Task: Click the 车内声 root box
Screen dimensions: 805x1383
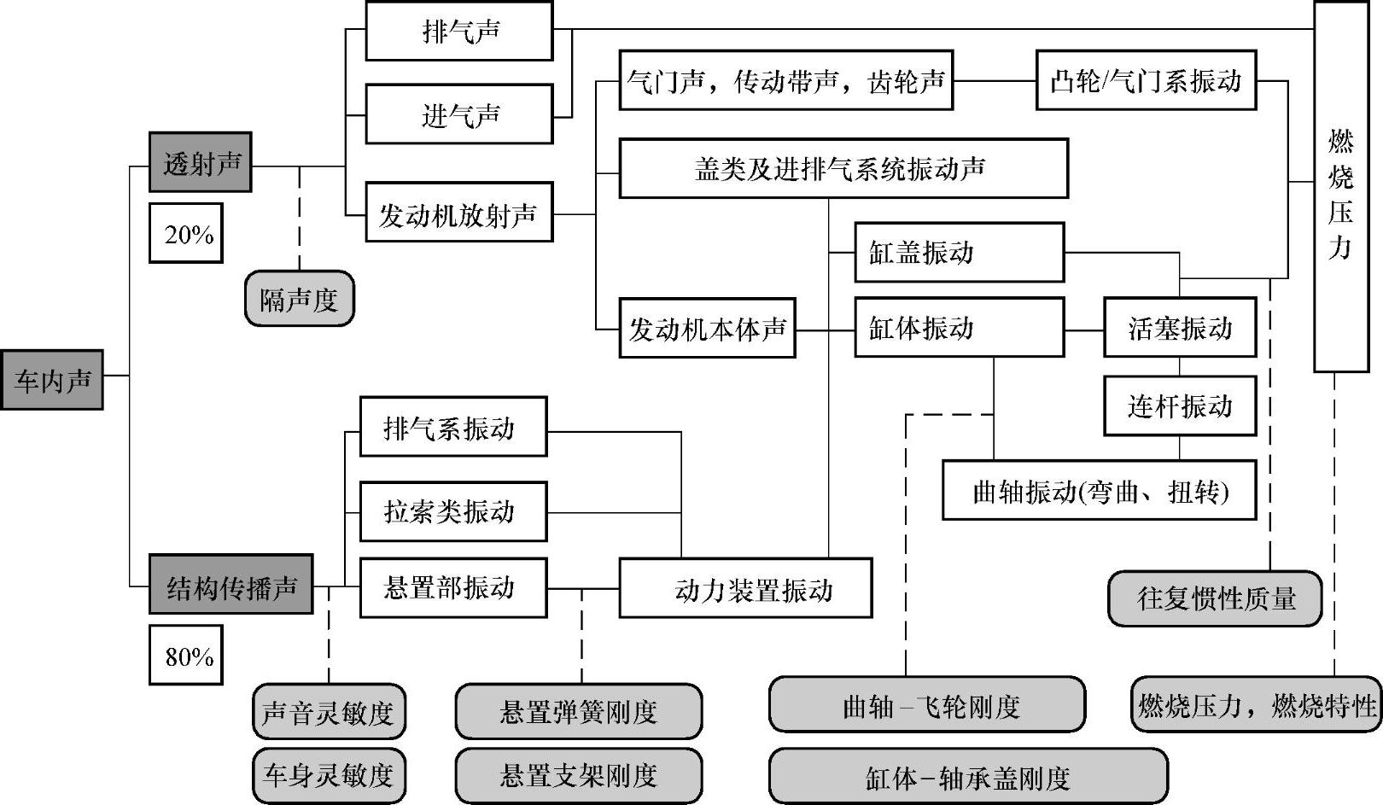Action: point(52,380)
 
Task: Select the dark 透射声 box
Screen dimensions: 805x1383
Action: point(201,162)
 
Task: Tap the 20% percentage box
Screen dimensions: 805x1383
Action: point(186,233)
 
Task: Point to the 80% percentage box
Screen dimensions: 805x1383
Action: point(186,655)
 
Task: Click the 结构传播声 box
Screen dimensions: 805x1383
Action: point(231,585)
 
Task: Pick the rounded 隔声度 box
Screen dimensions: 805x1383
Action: point(300,299)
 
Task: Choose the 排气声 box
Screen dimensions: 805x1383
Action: point(459,32)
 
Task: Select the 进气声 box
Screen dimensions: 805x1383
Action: point(459,114)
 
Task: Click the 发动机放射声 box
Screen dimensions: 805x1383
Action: point(459,213)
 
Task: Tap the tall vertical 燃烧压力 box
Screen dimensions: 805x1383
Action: point(1340,188)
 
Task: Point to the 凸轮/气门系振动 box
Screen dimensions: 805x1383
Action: point(1146,81)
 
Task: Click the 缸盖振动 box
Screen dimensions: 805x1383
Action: point(959,253)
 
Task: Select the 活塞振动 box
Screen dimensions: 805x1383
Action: point(1180,328)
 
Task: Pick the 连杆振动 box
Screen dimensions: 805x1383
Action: point(1180,405)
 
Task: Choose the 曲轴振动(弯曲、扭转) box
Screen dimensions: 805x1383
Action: point(1099,491)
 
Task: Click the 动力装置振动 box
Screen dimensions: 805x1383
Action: point(745,588)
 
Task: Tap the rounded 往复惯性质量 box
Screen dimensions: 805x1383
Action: point(1215,598)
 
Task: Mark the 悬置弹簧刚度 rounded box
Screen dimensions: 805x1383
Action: point(579,711)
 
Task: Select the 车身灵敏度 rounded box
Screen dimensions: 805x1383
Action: point(329,775)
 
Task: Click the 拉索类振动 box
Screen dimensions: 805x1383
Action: point(452,511)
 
